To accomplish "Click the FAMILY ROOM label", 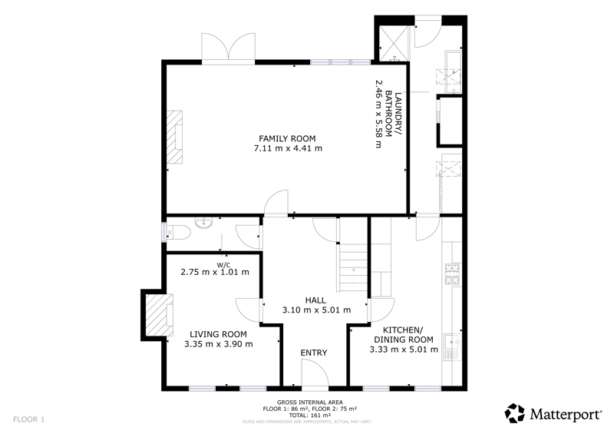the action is tap(287, 138).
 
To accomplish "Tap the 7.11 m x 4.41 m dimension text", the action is tap(289, 148).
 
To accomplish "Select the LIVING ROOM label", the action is tap(218, 334).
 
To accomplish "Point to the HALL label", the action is tap(315, 300).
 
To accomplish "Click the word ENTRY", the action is tap(314, 353).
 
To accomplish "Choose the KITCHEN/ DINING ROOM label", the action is tap(404, 334).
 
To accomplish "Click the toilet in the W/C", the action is tap(178, 234).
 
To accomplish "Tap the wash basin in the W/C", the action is tap(203, 223).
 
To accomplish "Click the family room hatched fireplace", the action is tap(175, 137).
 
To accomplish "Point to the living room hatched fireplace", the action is tap(160, 315).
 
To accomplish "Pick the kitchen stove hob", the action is tap(452, 274).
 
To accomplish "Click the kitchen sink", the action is tap(452, 346).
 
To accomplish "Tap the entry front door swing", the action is tap(315, 373).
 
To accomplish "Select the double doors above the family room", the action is tap(228, 48).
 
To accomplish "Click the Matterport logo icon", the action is tap(514, 413).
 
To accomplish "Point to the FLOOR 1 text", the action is tap(29, 419).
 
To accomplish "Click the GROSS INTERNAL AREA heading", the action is tap(310, 403).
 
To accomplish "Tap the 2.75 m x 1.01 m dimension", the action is tap(215, 272).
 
